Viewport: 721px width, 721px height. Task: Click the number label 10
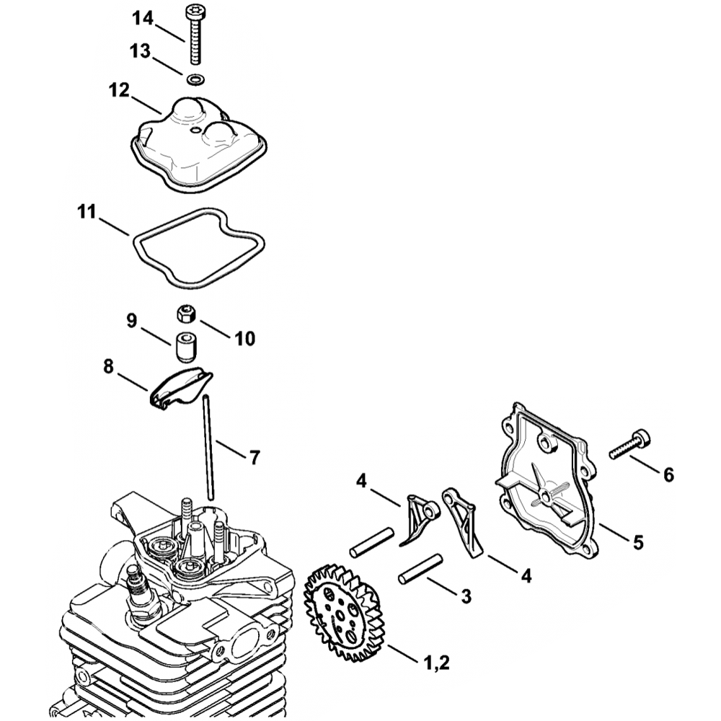click(x=240, y=338)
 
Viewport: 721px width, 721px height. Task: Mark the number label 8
click(x=108, y=368)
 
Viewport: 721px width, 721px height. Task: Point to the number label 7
click(x=254, y=456)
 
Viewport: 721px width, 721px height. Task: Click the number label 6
click(x=668, y=474)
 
